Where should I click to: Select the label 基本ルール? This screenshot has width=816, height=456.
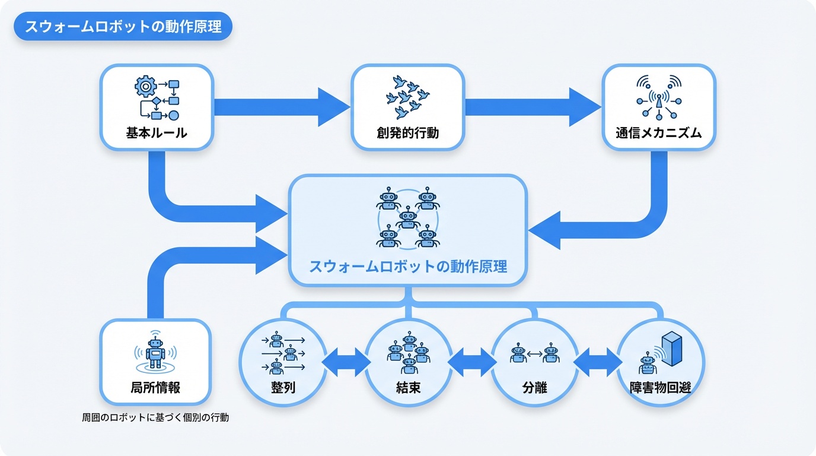(157, 133)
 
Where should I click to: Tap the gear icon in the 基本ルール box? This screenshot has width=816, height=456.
(145, 87)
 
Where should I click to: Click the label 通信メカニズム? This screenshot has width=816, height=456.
(658, 133)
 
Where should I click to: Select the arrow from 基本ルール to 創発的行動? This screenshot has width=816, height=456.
(282, 107)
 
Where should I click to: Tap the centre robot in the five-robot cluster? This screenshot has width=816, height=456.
(407, 218)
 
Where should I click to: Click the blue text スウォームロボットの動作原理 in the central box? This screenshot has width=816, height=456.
(408, 266)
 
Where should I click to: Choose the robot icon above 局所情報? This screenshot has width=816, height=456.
(155, 351)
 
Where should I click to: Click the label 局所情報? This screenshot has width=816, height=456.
(155, 388)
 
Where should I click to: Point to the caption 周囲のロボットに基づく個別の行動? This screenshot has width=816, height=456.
(155, 417)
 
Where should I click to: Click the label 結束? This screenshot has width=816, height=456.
(408, 389)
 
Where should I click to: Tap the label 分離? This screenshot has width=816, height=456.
(534, 389)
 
